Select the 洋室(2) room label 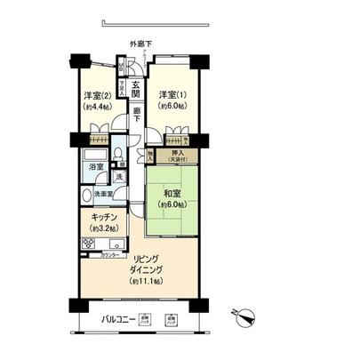[96, 95]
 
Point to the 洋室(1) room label [172, 95]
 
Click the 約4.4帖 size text [96, 107]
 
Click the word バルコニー [118, 320]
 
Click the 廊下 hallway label [138, 112]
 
